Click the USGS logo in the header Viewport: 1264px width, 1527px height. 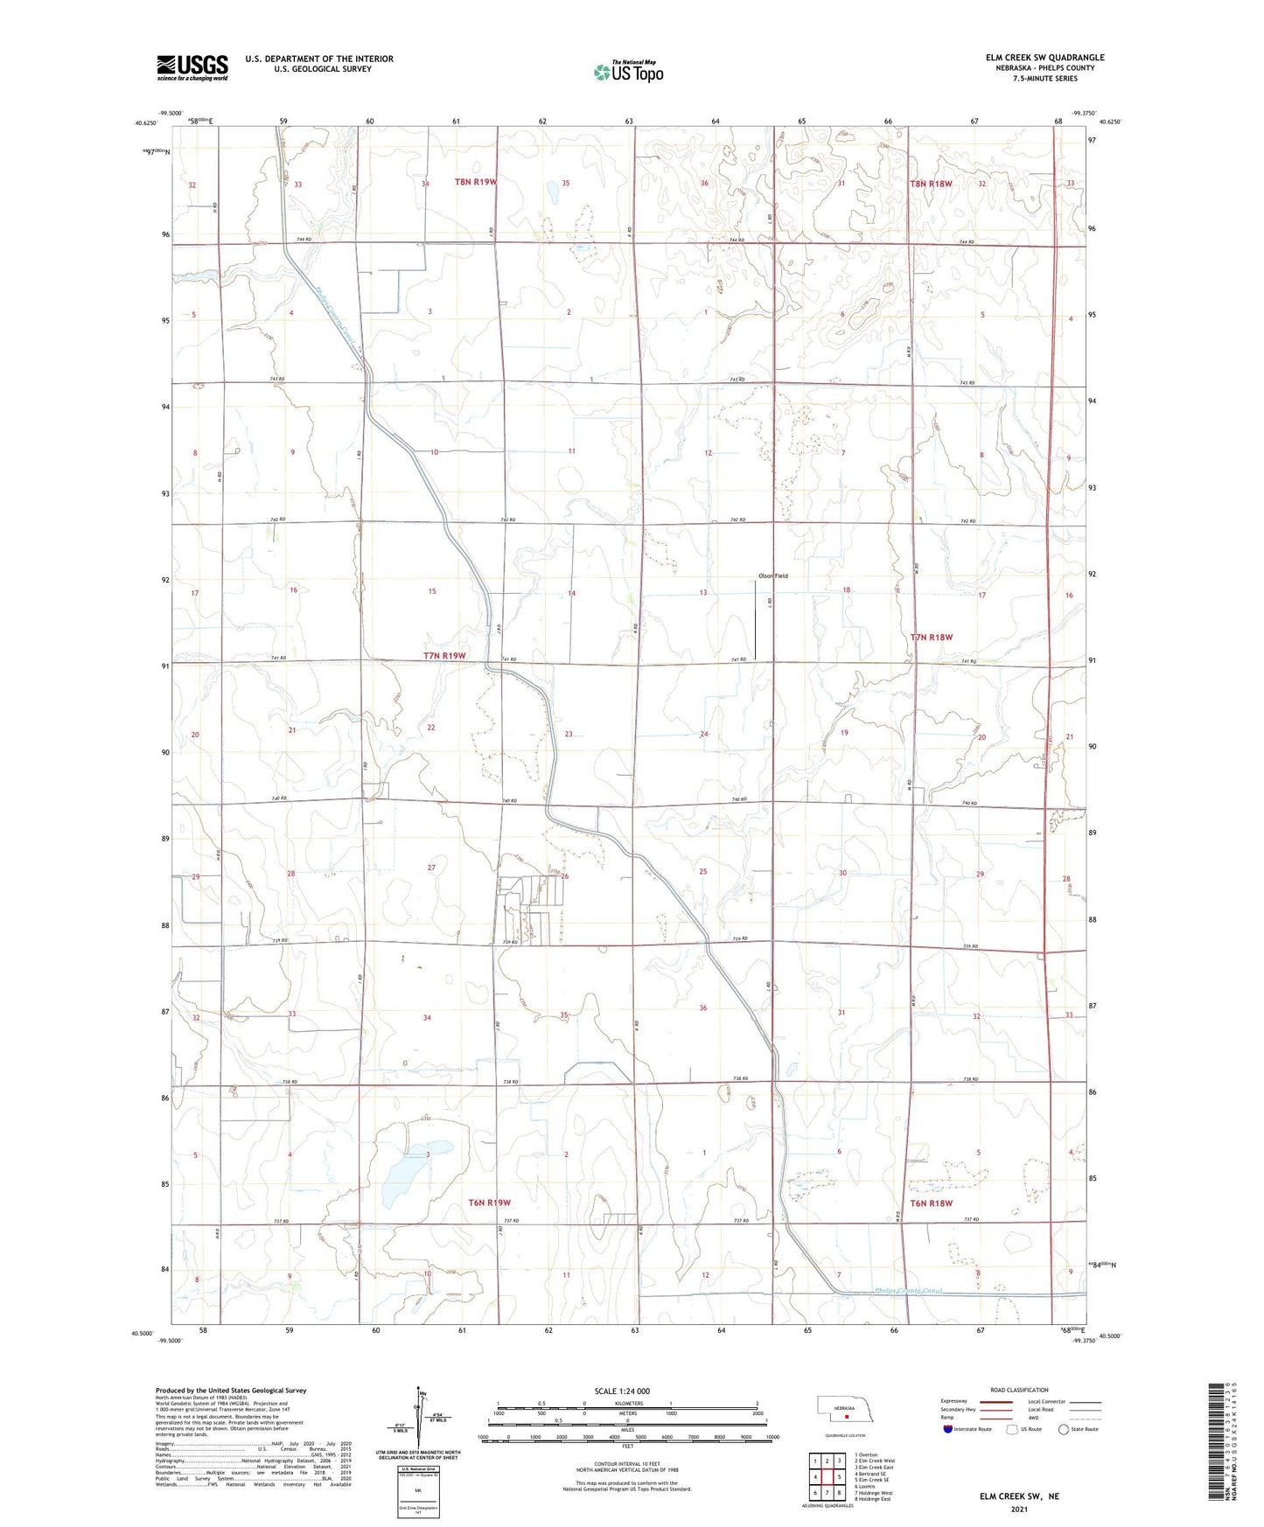pyautogui.click(x=192, y=66)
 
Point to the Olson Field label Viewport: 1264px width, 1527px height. pyautogui.click(x=772, y=575)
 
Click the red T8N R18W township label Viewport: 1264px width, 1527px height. pyautogui.click(x=931, y=184)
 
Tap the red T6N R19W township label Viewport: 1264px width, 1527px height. pyautogui.click(x=489, y=1203)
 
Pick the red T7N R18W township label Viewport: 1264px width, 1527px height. pyautogui.click(x=931, y=638)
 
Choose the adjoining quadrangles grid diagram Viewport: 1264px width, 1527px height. pyautogui.click(x=827, y=1478)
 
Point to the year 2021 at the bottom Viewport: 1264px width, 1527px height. pyautogui.click(x=1019, y=1509)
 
